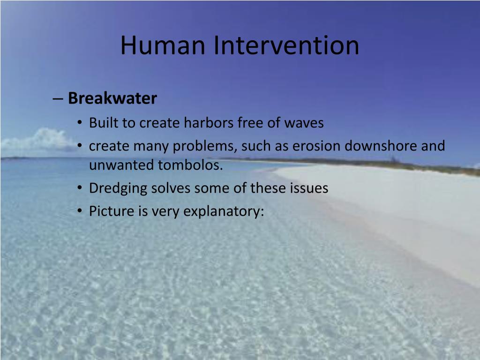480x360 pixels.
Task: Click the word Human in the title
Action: (164, 45)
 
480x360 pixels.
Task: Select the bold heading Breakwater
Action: (112, 98)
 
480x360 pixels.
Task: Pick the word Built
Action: (104, 123)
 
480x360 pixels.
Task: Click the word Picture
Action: (112, 211)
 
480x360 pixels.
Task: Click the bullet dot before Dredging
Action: (80, 188)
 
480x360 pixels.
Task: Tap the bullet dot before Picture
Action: (80, 211)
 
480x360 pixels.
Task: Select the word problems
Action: (205, 146)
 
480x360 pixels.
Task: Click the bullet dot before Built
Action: (80, 123)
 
